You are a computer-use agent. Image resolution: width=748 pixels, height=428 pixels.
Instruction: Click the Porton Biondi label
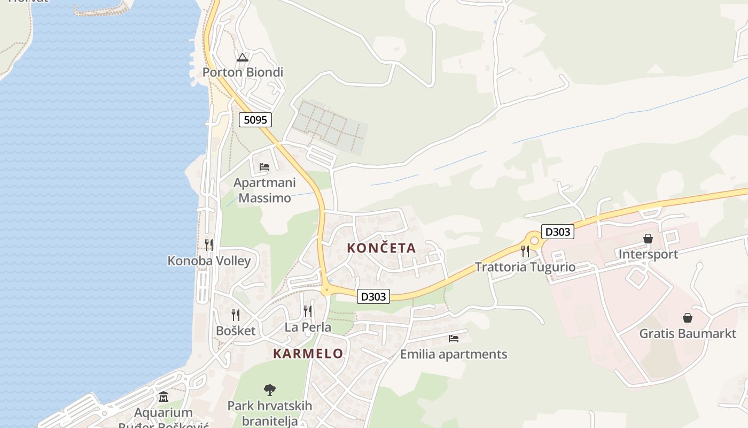243,72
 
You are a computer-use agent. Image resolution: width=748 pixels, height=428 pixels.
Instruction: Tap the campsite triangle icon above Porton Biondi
243,57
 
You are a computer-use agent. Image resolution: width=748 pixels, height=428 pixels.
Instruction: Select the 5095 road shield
255,120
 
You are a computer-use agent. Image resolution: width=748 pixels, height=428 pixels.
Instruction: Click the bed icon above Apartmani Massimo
264,166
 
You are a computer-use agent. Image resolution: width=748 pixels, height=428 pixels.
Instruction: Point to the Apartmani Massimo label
264,190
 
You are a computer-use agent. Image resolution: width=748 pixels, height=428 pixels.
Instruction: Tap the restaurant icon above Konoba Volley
209,245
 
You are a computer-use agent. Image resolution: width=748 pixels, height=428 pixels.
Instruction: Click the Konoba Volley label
209,261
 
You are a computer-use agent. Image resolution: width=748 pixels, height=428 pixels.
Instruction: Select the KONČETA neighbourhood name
381,248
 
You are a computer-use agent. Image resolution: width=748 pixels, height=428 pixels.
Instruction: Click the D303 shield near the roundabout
557,232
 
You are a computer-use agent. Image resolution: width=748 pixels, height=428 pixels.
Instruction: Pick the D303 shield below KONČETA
373,296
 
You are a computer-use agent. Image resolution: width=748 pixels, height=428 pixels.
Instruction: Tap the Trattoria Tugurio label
525,267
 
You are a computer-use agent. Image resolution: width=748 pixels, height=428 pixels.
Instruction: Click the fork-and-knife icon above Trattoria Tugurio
525,251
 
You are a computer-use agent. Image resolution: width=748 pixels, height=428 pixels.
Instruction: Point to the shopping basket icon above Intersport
648,239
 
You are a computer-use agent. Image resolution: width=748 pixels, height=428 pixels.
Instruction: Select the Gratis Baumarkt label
688,334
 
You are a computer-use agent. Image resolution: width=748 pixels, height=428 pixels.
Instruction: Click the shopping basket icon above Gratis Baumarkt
688,318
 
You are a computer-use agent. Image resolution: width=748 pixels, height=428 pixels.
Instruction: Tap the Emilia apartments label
454,354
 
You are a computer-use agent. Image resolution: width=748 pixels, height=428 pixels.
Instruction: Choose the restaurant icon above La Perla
308,311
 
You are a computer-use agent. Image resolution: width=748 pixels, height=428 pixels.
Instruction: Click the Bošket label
236,331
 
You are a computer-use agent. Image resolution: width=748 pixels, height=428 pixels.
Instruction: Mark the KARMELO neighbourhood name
308,354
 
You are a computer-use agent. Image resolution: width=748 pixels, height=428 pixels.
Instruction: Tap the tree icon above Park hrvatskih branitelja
270,389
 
